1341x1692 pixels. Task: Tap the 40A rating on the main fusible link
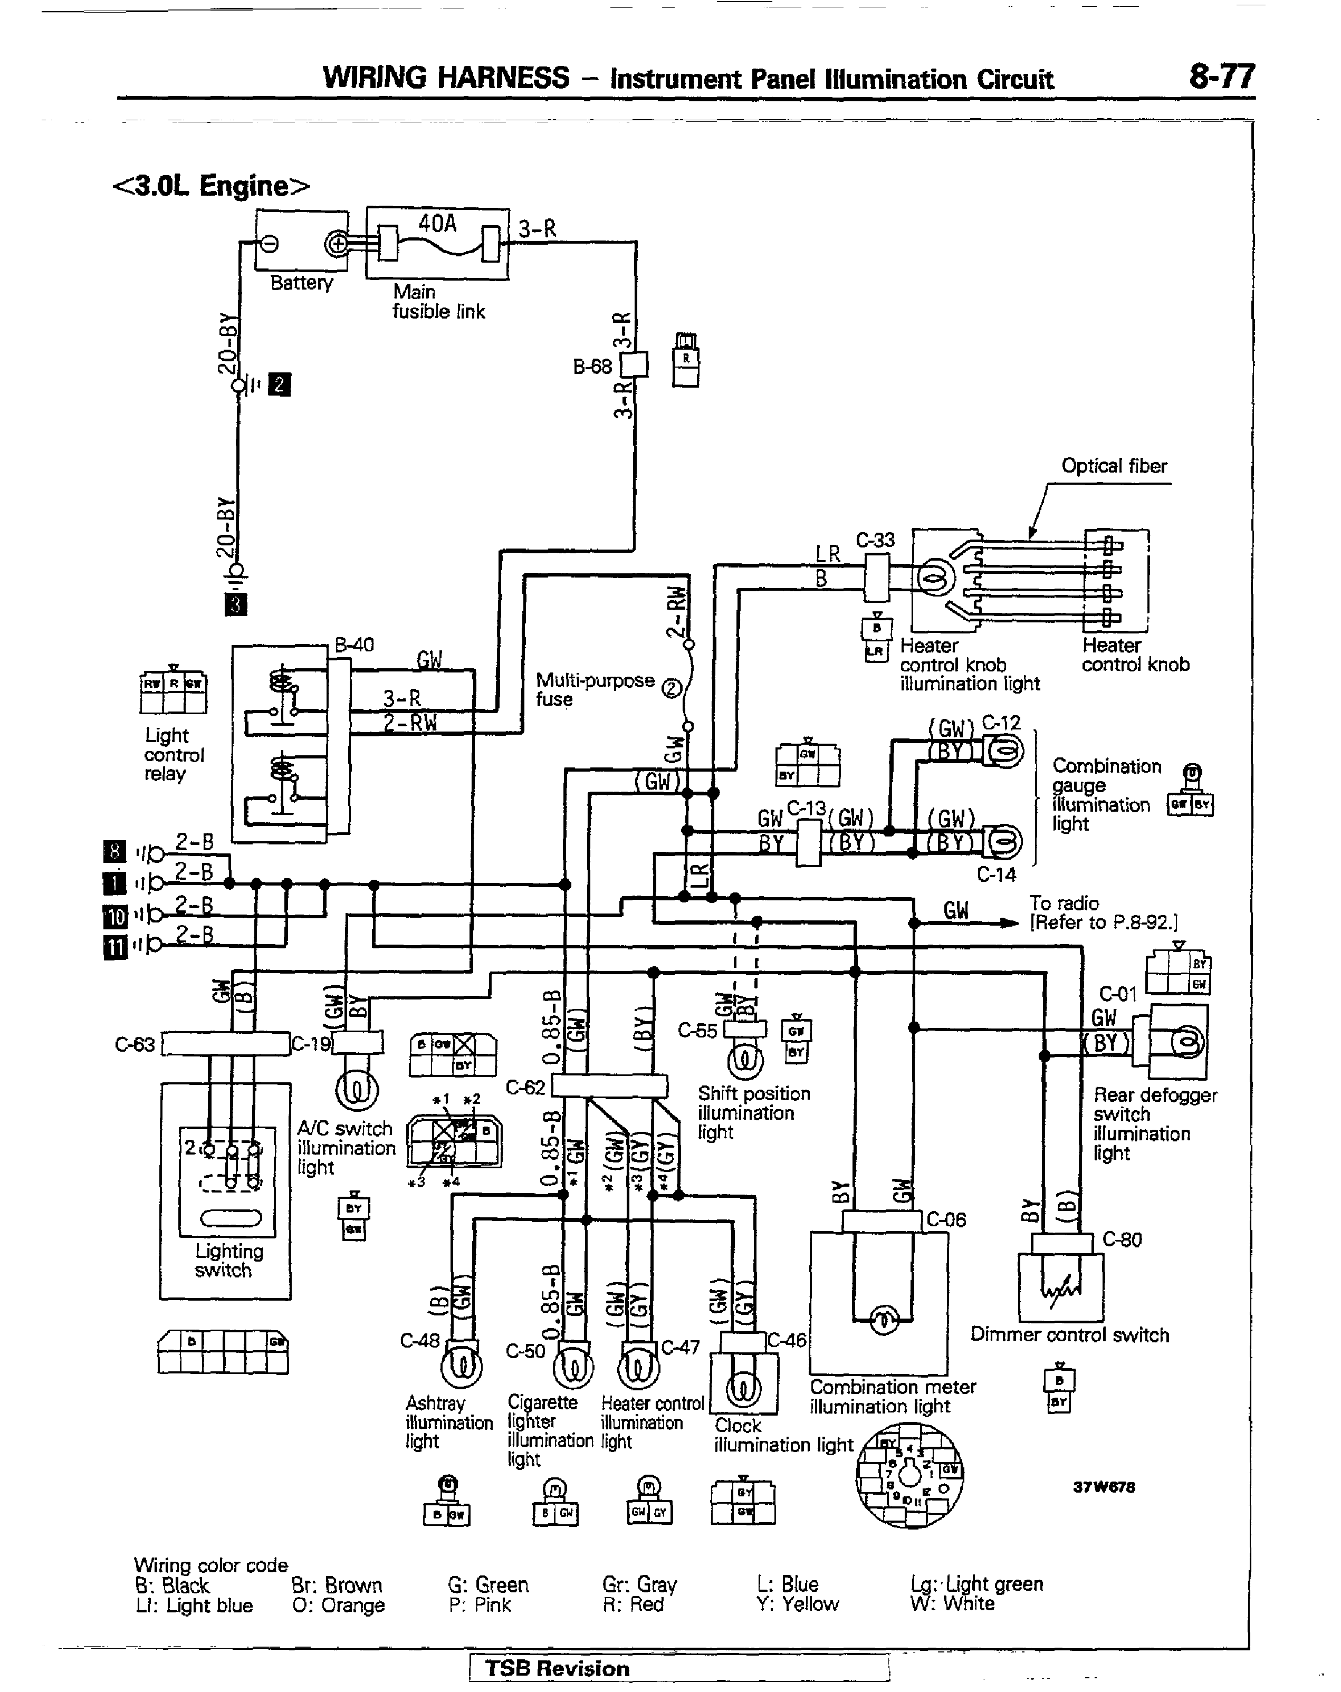click(437, 224)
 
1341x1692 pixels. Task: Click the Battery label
click(302, 283)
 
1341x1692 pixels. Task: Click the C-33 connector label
click(875, 540)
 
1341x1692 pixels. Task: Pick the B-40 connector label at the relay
click(354, 645)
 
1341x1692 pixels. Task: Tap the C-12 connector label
click(1001, 722)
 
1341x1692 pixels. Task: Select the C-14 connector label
click(997, 874)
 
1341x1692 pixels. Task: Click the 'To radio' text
click(1064, 903)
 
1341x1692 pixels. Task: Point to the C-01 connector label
click(1118, 994)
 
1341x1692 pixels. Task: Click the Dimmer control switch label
click(1069, 1335)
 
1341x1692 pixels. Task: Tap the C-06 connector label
click(946, 1219)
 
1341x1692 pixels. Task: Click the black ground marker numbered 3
click(235, 605)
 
